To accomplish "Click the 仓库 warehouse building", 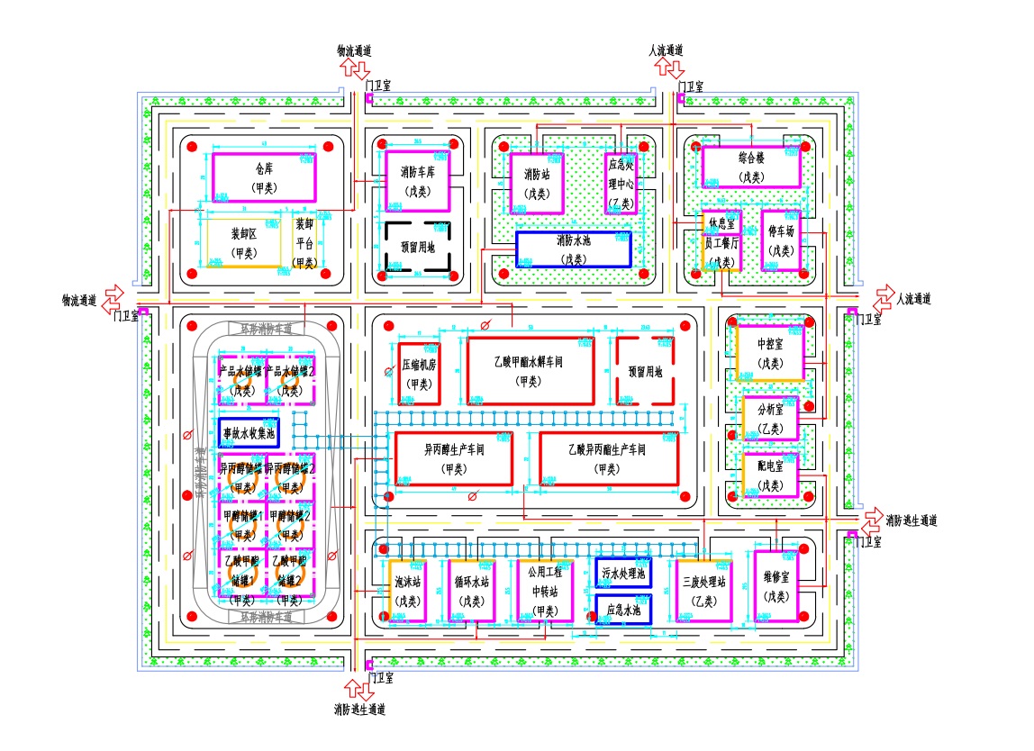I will pos(264,176).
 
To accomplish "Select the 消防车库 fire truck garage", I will pos(417,179).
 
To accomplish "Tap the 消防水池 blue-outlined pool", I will pos(573,249).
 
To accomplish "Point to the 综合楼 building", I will pos(750,167).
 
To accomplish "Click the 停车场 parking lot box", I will pos(781,240).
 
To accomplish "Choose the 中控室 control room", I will pos(770,353).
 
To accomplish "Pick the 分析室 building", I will pos(771,419).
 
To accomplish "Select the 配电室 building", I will pos(771,475).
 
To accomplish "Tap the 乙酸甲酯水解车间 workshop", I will pos(530,370).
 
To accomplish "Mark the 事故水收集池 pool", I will pos(249,433).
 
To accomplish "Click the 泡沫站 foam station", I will pos(408,591).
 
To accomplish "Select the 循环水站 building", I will pos(468,591).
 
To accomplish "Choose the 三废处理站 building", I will pos(704,591).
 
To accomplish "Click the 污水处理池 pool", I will pos(623,573).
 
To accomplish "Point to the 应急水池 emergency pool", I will pos(623,609).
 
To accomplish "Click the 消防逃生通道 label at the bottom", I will pos(359,710).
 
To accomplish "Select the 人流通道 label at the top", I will pos(667,50).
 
